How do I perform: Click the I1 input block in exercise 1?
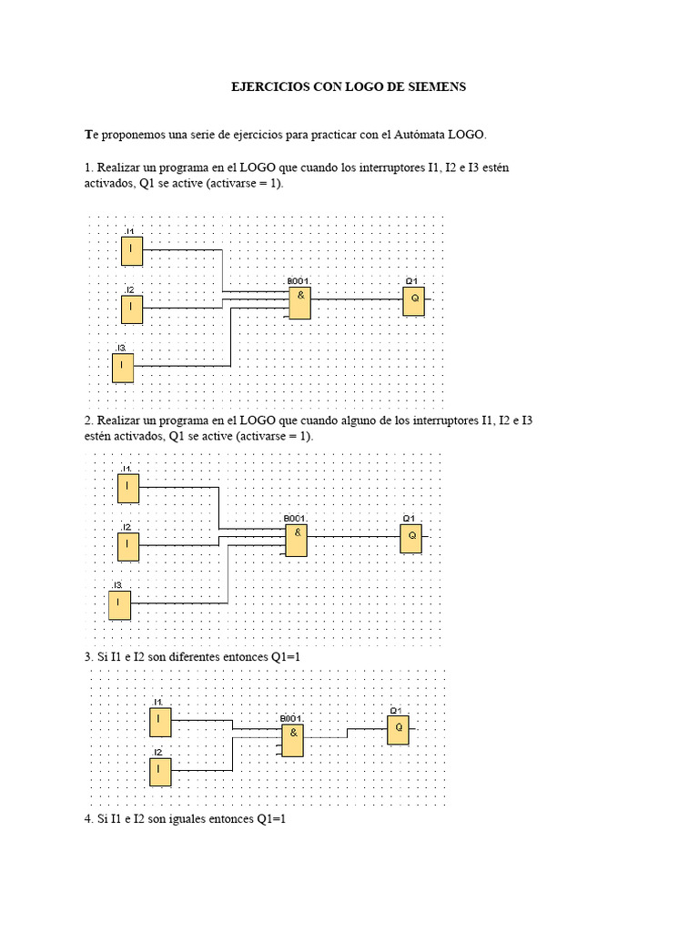[132, 250]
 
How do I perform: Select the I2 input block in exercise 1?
[132, 309]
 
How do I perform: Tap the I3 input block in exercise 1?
[123, 368]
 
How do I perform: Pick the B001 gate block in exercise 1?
[299, 303]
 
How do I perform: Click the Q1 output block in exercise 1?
[414, 301]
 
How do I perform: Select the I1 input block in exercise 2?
[128, 488]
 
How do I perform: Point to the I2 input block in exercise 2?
[128, 546]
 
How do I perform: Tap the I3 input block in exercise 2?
[119, 604]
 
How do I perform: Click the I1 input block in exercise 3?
[160, 723]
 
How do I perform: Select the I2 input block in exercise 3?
[160, 772]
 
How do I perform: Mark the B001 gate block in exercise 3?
[292, 741]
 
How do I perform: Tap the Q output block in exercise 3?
[398, 730]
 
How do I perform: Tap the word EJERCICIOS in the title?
[268, 86]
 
